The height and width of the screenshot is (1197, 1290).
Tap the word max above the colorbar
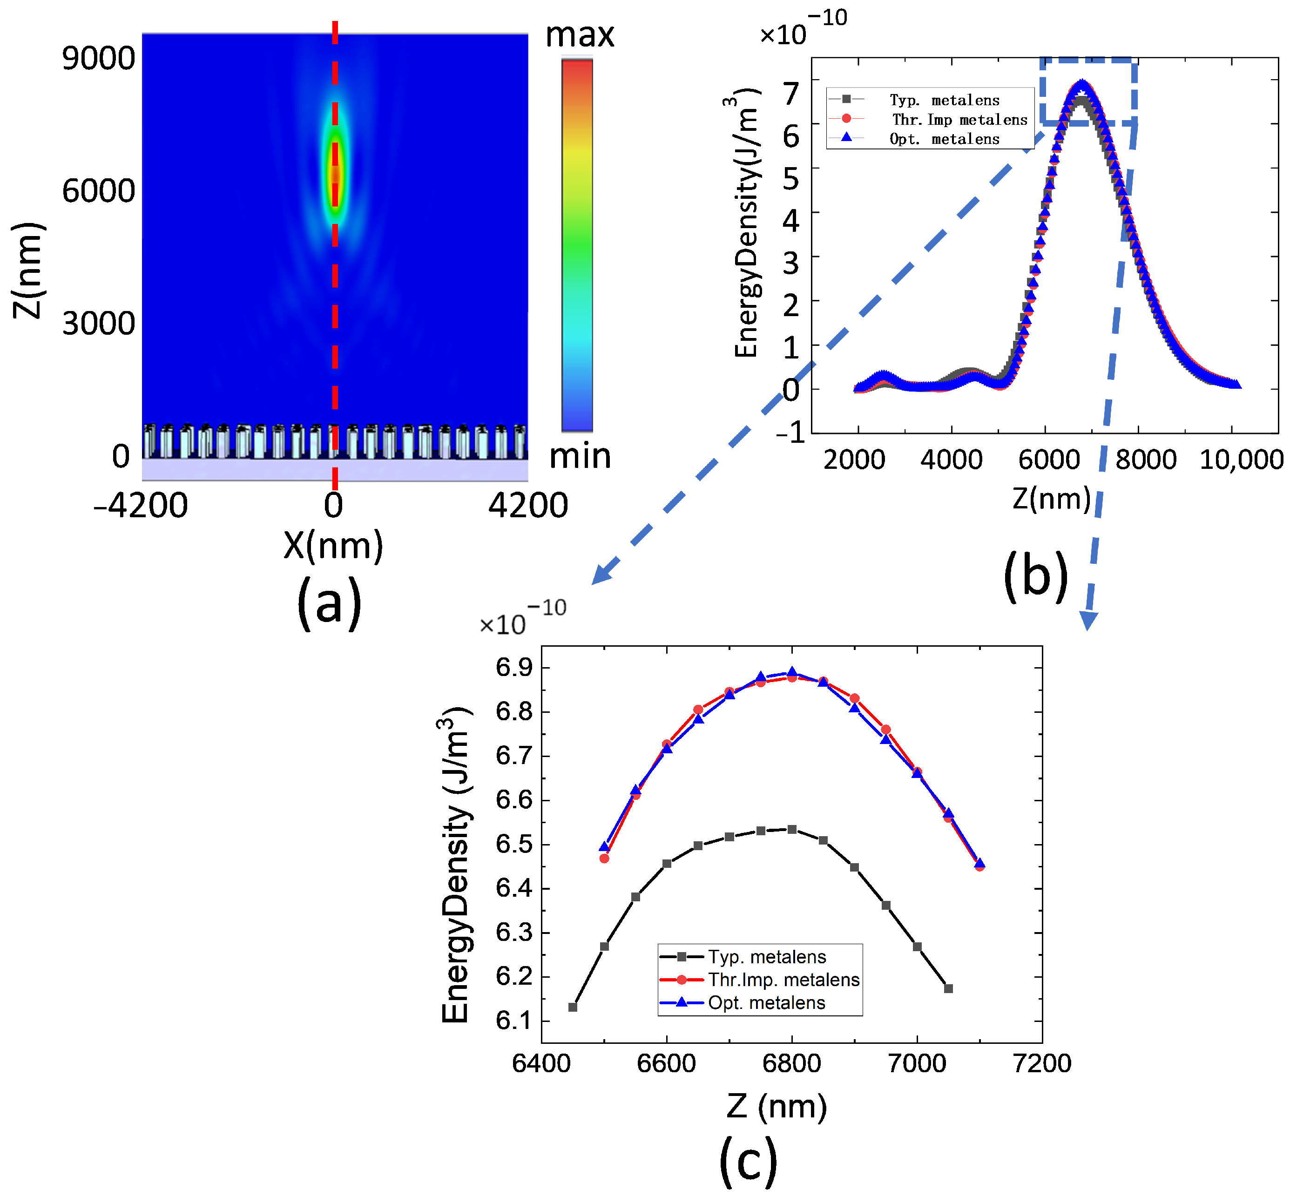(579, 35)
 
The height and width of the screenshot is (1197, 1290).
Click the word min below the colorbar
(580, 457)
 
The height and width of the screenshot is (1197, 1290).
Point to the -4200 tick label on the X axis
(141, 505)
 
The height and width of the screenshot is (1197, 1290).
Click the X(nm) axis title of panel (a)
(333, 545)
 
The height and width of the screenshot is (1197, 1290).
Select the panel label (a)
(329, 602)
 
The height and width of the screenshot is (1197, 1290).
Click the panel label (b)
(1035, 575)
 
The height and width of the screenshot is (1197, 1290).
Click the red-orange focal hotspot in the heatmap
(335, 175)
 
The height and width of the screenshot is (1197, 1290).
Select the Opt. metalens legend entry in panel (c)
(766, 1003)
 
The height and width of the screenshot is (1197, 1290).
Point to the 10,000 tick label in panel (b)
(1240, 460)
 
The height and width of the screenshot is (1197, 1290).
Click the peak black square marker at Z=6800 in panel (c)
(792, 829)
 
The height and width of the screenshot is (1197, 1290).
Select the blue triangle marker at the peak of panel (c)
(792, 672)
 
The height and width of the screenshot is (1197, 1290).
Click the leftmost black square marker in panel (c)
(573, 1007)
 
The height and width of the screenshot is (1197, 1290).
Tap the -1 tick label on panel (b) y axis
(790, 432)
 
